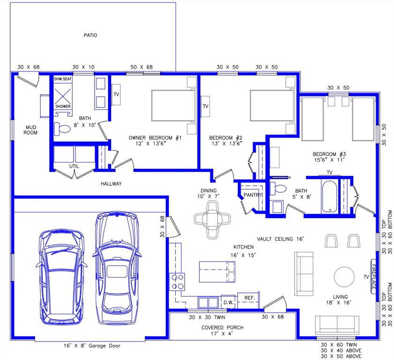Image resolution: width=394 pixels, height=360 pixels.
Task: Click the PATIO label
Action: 90,35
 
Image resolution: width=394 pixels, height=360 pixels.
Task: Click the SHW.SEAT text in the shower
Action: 63,79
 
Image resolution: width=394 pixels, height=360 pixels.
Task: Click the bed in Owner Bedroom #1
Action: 173,106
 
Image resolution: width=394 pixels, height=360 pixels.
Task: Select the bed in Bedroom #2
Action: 271,106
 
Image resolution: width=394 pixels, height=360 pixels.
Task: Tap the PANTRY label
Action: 253,195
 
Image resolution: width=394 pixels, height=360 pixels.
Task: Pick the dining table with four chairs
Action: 213,218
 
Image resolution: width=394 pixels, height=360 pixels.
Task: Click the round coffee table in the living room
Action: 345,277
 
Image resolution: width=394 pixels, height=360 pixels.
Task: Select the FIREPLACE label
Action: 374,277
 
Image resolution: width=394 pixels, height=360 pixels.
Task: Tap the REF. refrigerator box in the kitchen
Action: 249,298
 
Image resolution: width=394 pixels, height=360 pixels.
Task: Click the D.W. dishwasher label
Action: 228,302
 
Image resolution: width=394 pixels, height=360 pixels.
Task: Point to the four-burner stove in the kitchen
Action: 178,281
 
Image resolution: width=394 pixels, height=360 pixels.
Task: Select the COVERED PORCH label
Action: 223,327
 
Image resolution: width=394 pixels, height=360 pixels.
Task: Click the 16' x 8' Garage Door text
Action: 92,346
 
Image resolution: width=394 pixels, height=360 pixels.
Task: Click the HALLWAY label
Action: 111,184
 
